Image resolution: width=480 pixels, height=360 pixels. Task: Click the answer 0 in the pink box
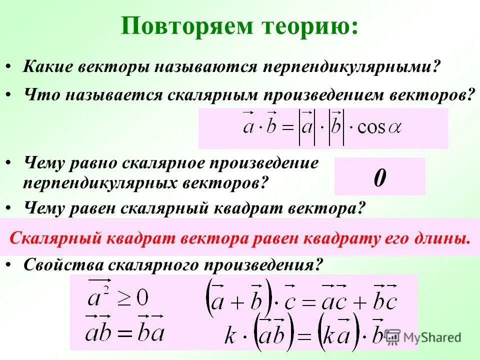379,177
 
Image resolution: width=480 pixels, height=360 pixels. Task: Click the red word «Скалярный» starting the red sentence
54,237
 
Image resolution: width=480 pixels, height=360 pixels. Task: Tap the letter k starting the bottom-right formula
230,335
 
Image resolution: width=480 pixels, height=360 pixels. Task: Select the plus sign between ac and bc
359,302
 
